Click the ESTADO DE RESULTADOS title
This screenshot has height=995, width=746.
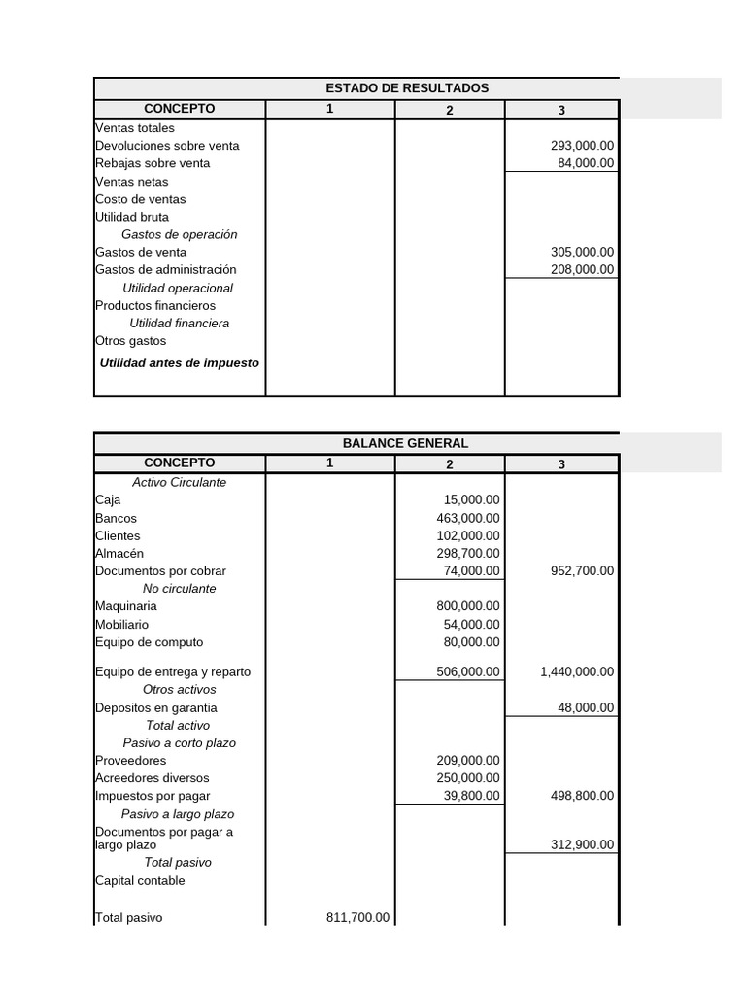(x=407, y=88)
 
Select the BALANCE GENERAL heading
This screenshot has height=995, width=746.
(x=407, y=443)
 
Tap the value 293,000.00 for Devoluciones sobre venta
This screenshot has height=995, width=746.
(x=582, y=146)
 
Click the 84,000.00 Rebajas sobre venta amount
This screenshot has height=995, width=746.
(x=585, y=163)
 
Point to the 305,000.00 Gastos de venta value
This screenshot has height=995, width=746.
(x=582, y=252)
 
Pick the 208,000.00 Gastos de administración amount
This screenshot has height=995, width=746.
(x=582, y=269)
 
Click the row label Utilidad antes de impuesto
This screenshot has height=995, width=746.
(x=180, y=362)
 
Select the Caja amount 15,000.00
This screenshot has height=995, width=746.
(x=471, y=500)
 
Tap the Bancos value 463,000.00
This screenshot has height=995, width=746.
(x=468, y=518)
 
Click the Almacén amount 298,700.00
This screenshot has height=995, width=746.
(x=468, y=553)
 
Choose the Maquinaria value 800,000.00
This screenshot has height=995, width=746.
(x=468, y=606)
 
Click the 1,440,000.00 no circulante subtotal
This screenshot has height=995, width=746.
(x=576, y=671)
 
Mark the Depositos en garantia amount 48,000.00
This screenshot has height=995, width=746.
(x=585, y=708)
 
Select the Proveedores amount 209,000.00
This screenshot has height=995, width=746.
(x=468, y=761)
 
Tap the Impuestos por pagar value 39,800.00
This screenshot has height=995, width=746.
(x=471, y=796)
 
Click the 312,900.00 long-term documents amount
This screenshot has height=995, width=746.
(x=582, y=844)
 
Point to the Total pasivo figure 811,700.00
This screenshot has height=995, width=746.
(x=356, y=917)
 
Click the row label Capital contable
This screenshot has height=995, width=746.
(x=140, y=881)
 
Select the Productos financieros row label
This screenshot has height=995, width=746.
(x=155, y=306)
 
